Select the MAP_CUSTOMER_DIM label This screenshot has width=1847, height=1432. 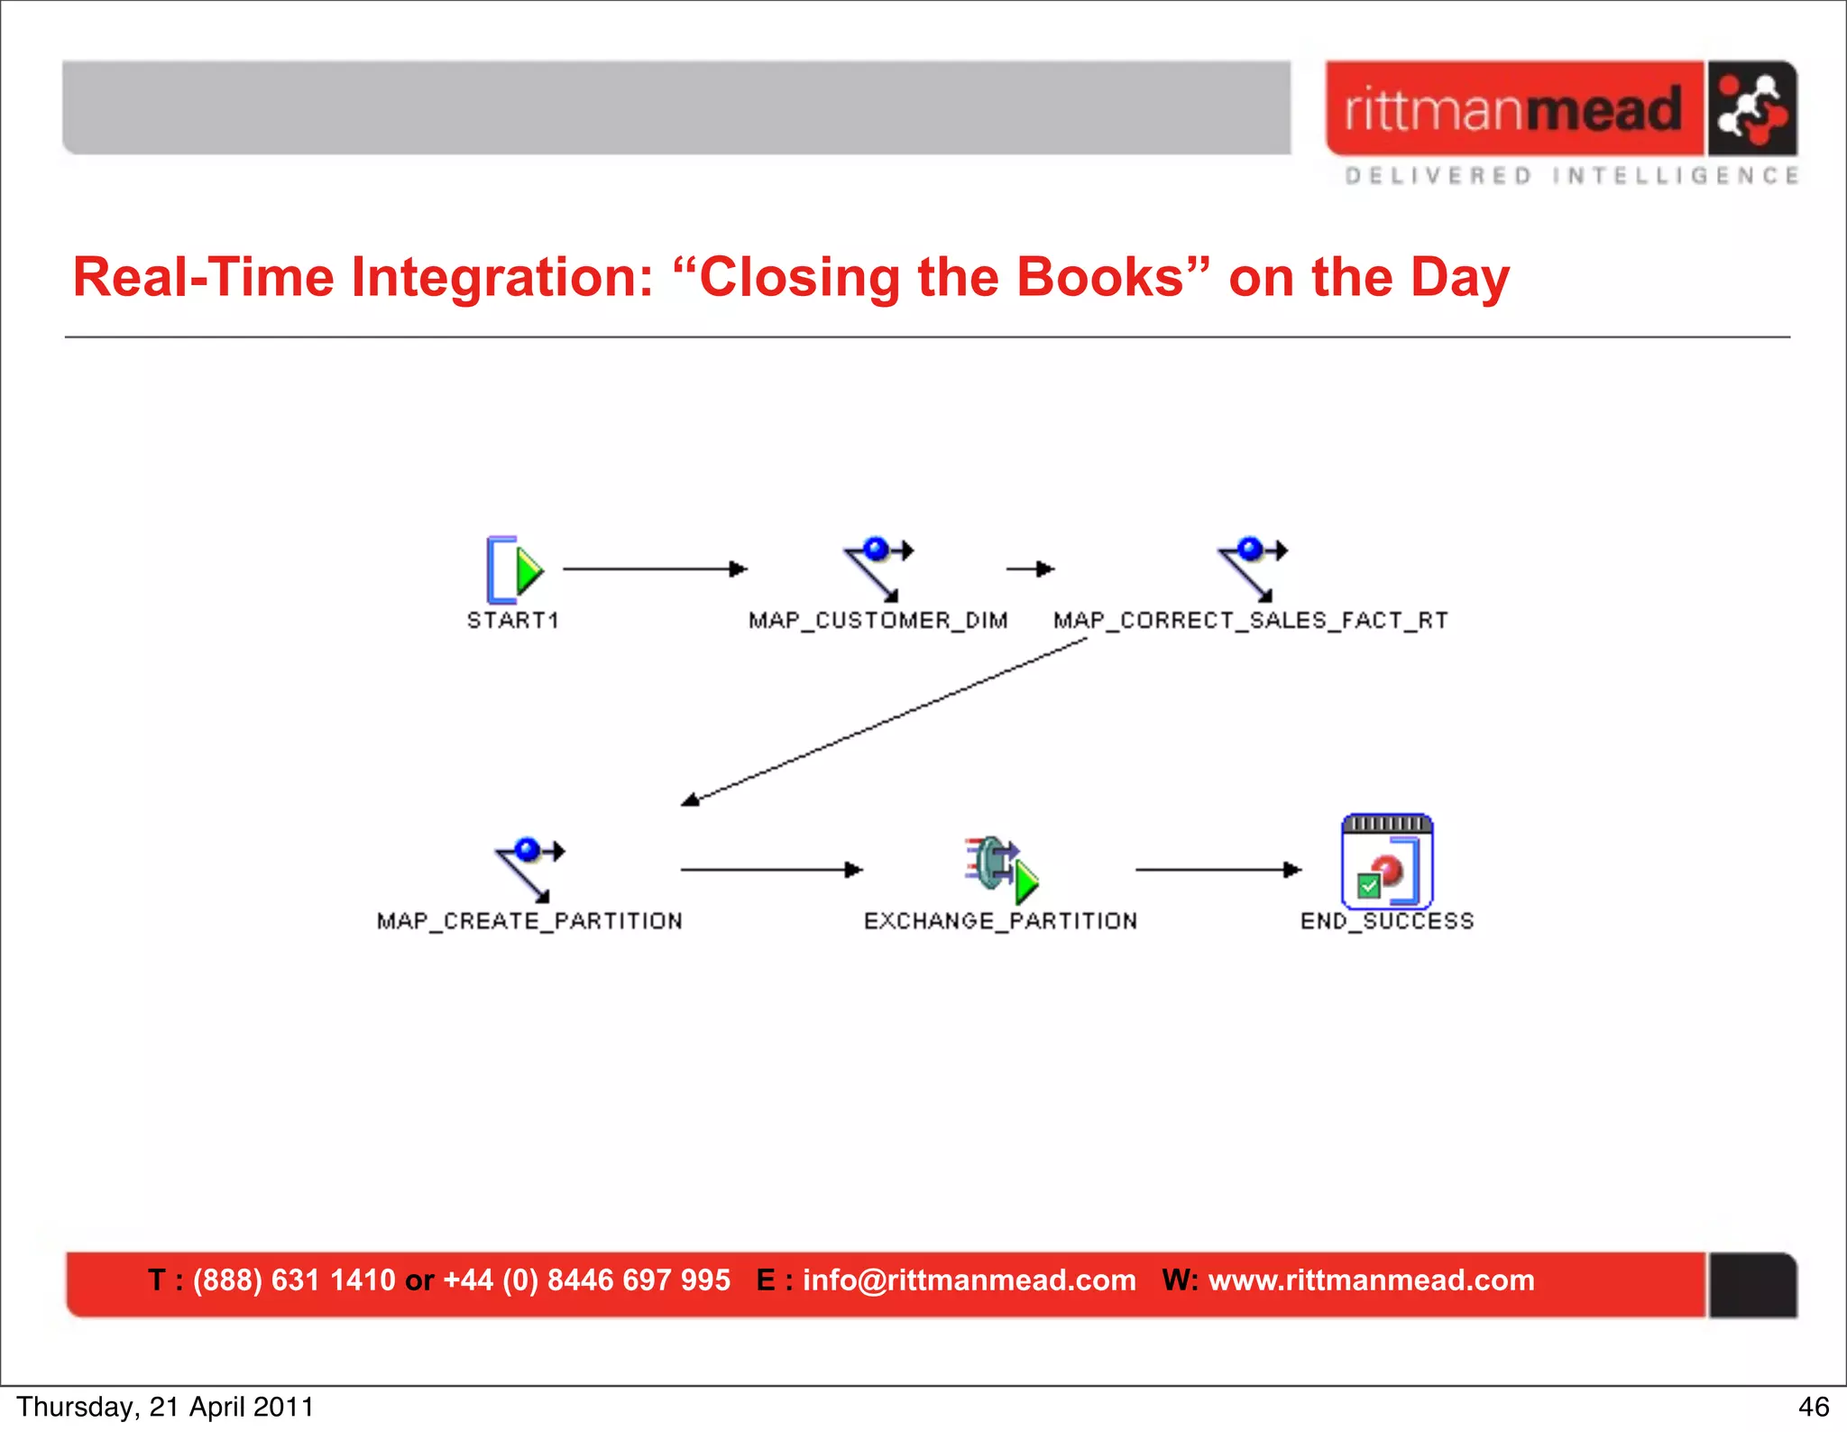coord(878,621)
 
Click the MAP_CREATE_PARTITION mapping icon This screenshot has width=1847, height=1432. coord(529,869)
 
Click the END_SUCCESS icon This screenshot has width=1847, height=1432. coord(1386,863)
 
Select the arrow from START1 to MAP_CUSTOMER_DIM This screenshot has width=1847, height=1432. coord(655,569)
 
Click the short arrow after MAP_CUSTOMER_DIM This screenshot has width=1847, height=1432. coord(1031,569)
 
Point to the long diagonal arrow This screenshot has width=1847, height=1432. coord(884,721)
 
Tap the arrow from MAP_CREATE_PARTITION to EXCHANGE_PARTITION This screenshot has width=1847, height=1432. coord(771,870)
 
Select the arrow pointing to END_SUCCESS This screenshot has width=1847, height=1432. coord(1218,870)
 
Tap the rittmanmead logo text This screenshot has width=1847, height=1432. coord(1513,110)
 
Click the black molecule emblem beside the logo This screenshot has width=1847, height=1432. coord(1751,109)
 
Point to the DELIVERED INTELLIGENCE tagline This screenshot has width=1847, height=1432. coord(1572,176)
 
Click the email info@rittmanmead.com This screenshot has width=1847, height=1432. coord(969,1280)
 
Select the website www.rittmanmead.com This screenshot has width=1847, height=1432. coord(1371,1280)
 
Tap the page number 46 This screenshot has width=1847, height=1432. coord(1813,1407)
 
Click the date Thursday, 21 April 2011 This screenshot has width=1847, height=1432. coord(165,1407)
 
